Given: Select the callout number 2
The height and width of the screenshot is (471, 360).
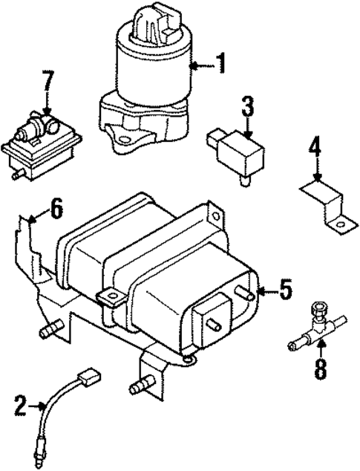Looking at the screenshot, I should click(x=20, y=406).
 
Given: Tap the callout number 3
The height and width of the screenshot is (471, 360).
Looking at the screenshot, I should click(x=247, y=107).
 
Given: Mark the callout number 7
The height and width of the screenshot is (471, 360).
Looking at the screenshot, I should click(x=49, y=82).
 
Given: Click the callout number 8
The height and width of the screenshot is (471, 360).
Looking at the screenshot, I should click(x=319, y=368).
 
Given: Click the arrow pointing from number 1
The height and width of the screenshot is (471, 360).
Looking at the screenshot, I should click(x=200, y=65).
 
